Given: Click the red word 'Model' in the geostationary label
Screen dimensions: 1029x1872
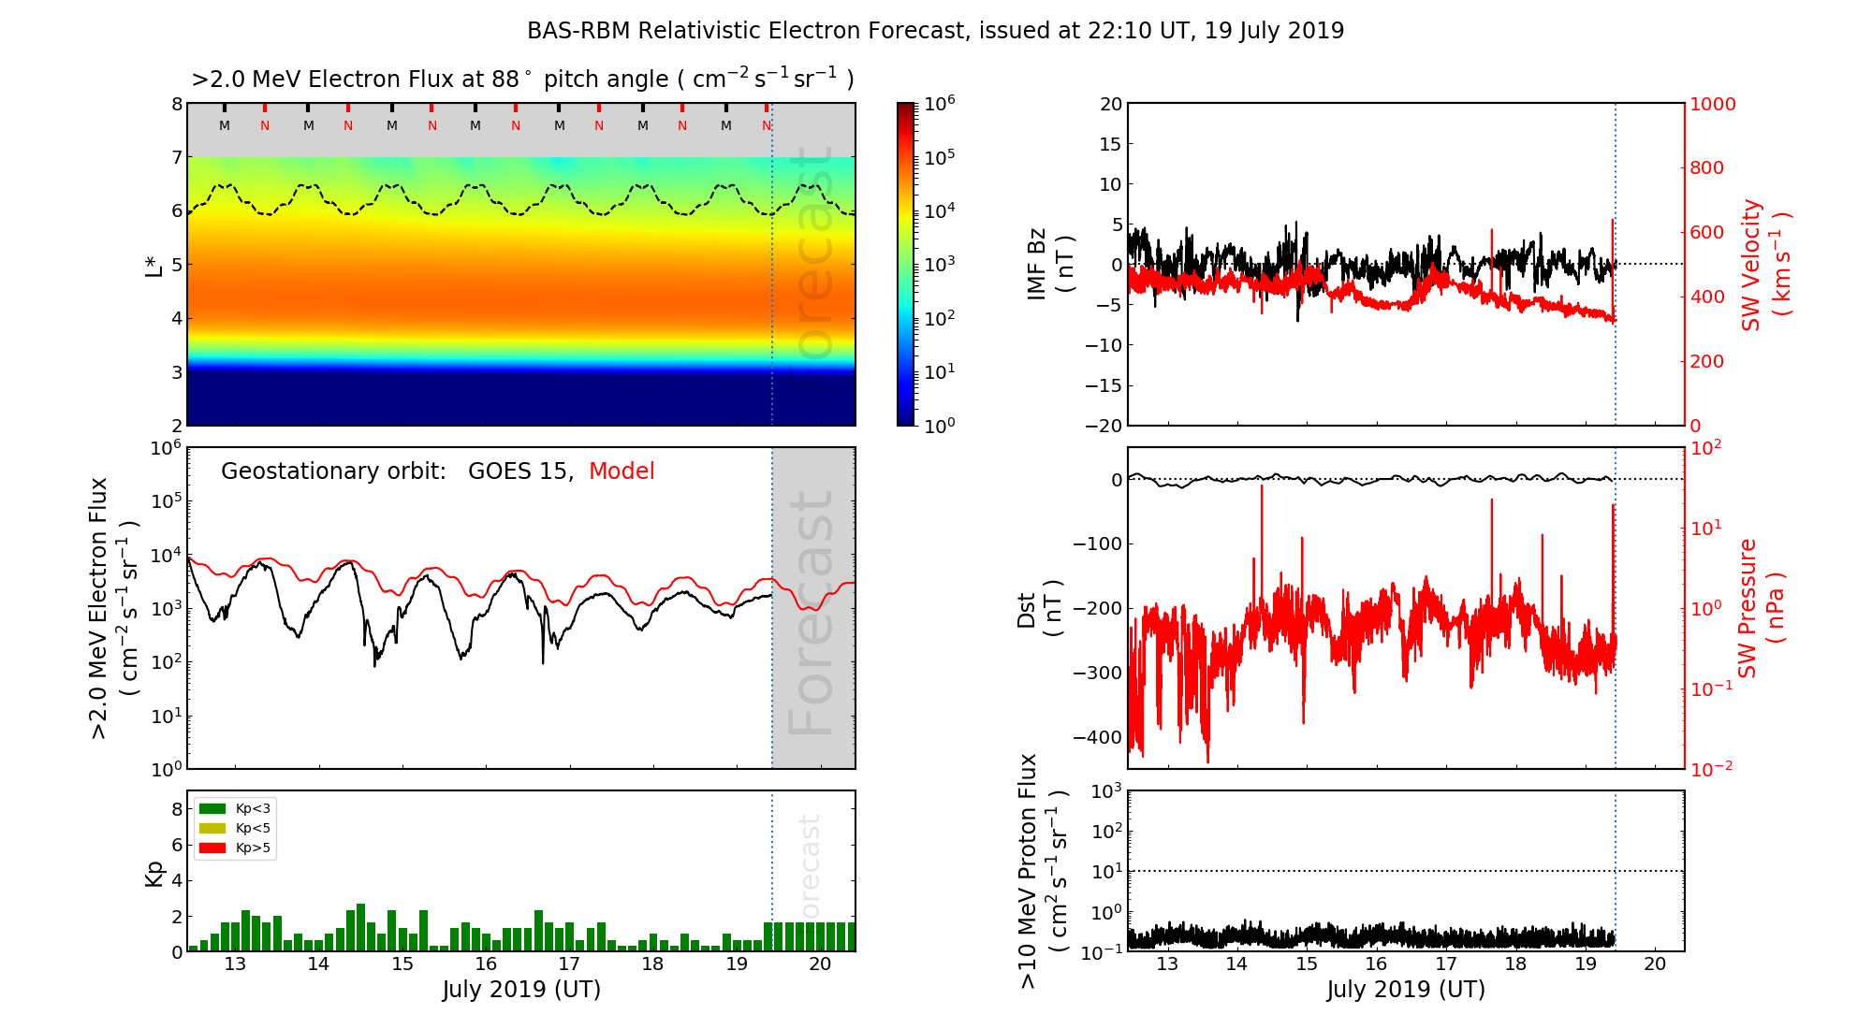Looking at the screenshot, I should tap(622, 471).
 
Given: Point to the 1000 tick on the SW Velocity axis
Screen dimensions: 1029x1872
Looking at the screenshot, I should tap(1712, 104).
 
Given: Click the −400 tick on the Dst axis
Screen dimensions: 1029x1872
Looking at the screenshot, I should tap(1097, 737).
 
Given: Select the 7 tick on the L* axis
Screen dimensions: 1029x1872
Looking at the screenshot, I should tap(176, 158).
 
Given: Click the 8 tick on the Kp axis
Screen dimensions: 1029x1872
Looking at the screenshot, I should tap(176, 809).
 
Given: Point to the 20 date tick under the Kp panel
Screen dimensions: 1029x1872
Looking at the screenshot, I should tap(820, 964).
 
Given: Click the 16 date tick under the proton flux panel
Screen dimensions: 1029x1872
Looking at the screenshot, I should tap(1376, 964).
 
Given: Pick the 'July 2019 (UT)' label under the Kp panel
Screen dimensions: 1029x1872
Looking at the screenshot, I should tap(521, 990).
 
